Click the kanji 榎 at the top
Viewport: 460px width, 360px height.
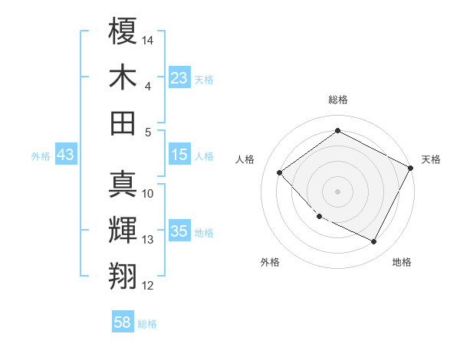[x=123, y=31]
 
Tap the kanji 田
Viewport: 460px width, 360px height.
[x=123, y=123]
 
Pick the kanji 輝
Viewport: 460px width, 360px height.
[x=123, y=231]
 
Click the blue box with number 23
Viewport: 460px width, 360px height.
[x=179, y=78]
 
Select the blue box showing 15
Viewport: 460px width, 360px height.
[x=179, y=155]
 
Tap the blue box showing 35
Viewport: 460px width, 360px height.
[x=179, y=232]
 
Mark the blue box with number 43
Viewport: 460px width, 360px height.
[x=66, y=155]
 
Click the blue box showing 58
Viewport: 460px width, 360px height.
[x=123, y=323]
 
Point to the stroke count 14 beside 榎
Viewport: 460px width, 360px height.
[x=149, y=39]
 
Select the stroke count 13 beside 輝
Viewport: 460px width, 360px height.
[x=149, y=240]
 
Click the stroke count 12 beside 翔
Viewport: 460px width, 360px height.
[x=149, y=286]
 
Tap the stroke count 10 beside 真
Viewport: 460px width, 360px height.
[x=149, y=194]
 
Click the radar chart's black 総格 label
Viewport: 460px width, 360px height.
[x=338, y=100]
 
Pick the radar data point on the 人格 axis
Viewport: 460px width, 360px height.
[x=280, y=172]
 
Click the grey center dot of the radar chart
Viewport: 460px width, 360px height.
[x=338, y=191]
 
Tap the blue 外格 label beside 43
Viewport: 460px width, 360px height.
[x=41, y=156]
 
